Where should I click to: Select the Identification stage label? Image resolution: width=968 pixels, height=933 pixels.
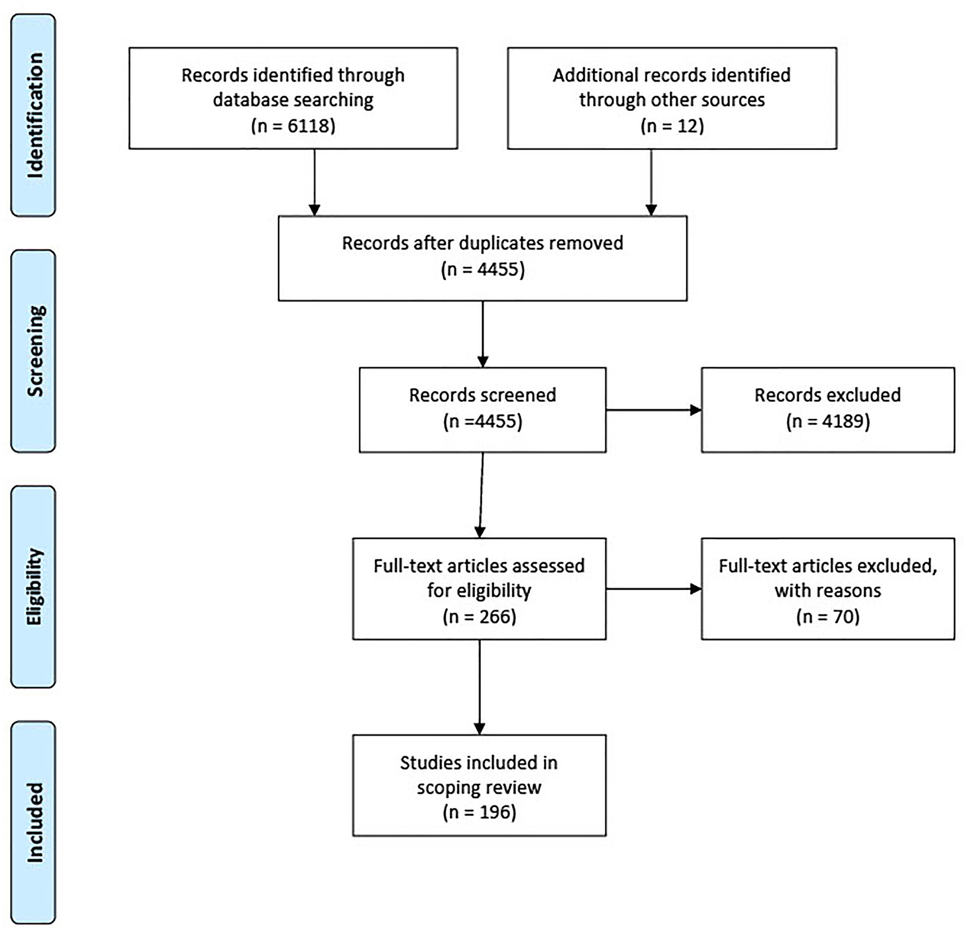[x=34, y=115]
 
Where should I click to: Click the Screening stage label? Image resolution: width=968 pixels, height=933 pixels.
[x=34, y=351]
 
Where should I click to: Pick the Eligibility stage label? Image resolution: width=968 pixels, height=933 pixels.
[x=34, y=586]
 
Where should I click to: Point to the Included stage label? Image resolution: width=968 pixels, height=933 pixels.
[x=34, y=822]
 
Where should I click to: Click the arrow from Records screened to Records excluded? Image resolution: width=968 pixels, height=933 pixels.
[x=653, y=410]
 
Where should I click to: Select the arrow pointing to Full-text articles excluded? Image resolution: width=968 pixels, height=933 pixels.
[x=653, y=589]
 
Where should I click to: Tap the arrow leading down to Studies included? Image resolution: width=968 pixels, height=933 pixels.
[x=480, y=686]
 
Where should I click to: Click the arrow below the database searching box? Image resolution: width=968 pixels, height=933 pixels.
[x=314, y=182]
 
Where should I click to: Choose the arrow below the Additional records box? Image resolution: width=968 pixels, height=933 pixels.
[x=651, y=182]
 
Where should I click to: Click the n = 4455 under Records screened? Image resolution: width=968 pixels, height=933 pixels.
[x=483, y=421]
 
